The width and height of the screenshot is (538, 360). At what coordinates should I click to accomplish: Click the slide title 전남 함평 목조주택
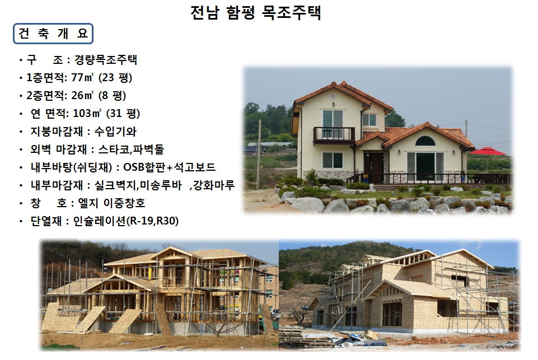[256, 13]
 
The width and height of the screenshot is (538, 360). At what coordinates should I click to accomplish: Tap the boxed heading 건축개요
[53, 34]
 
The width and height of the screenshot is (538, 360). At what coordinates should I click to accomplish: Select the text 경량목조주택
[106, 60]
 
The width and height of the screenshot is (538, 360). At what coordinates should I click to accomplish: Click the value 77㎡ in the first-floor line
[82, 78]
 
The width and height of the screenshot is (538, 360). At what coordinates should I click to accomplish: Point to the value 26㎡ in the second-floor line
[82, 95]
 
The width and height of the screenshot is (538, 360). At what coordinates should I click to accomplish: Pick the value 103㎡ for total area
[87, 113]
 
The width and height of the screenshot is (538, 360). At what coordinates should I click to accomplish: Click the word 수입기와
[115, 132]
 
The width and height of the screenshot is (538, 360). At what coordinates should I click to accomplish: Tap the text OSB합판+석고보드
[170, 167]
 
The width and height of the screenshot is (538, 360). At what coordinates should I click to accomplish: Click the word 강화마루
[213, 185]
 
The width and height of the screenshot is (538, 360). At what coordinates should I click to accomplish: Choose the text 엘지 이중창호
[111, 203]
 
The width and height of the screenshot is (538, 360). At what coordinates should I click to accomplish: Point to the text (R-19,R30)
[153, 221]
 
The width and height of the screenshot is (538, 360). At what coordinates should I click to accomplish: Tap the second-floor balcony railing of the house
[334, 134]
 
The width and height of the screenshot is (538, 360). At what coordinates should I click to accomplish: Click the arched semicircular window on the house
[425, 141]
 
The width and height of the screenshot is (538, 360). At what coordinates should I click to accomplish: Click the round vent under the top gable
[333, 95]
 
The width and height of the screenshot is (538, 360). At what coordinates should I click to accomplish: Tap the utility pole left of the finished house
[259, 155]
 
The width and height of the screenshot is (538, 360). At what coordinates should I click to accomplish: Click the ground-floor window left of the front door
[333, 160]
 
